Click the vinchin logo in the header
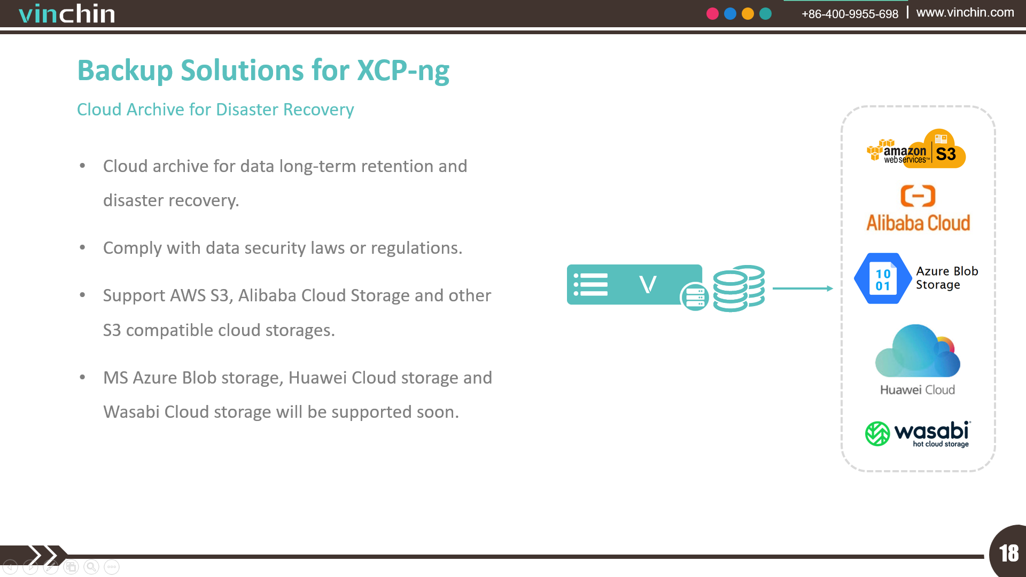[x=67, y=13]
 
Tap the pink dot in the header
[x=712, y=14]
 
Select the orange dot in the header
[x=748, y=14]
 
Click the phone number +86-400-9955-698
[x=850, y=14]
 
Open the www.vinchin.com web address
[x=965, y=12]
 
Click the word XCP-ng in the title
[x=403, y=71]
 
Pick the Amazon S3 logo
[x=916, y=149]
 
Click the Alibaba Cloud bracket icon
[x=918, y=196]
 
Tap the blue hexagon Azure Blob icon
[x=883, y=278]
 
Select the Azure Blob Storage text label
[x=947, y=278]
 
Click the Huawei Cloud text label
[x=918, y=390]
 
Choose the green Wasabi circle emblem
[x=877, y=433]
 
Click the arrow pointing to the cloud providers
[x=803, y=288]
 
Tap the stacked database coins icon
[x=739, y=288]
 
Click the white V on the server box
[x=648, y=284]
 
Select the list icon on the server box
[x=590, y=284]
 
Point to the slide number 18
[x=1009, y=553]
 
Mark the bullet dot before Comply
[x=82, y=247]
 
